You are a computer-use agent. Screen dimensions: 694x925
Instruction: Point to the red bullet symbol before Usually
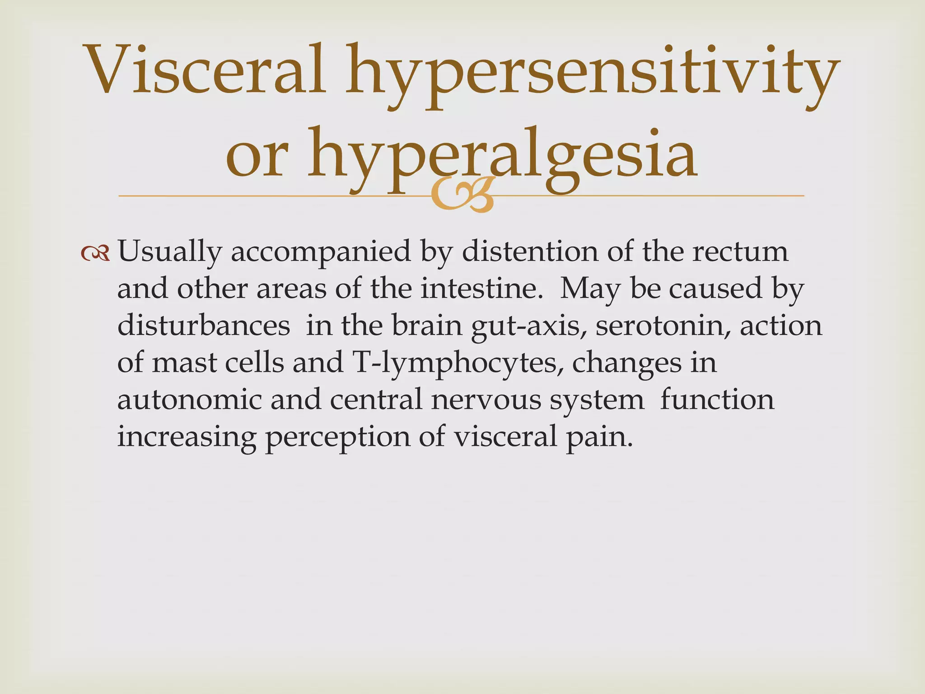pyautogui.click(x=95, y=253)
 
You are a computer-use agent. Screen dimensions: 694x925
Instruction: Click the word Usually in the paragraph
pyautogui.click(x=169, y=252)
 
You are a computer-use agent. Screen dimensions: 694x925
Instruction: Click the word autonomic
pyautogui.click(x=190, y=400)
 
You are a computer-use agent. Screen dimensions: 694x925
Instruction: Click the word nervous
pyautogui.click(x=486, y=400)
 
